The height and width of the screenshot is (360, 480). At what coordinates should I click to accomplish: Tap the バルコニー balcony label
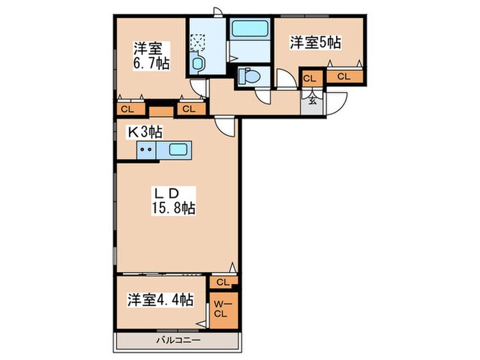(x=177, y=340)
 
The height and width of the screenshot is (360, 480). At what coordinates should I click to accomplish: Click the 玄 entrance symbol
(x=311, y=99)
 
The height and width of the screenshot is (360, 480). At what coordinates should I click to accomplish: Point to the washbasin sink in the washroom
(x=197, y=64)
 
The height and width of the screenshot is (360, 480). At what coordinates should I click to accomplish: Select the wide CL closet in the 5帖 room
(x=344, y=76)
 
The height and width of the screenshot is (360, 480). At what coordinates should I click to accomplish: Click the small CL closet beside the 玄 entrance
(x=310, y=78)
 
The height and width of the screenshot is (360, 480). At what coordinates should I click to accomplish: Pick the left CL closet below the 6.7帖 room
(x=128, y=109)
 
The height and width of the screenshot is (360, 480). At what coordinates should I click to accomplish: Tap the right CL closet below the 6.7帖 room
(x=189, y=109)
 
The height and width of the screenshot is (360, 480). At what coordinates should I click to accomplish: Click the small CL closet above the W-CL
(x=221, y=282)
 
